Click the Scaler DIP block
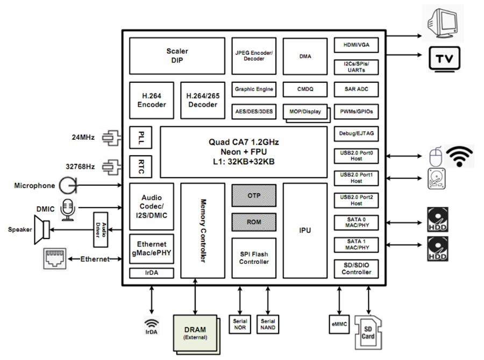(x=177, y=56)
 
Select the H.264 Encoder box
(x=152, y=100)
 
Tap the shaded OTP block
(x=254, y=196)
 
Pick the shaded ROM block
(x=254, y=222)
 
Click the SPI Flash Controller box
(x=254, y=258)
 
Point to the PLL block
(x=141, y=138)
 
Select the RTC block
(x=141, y=167)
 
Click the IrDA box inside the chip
(x=152, y=273)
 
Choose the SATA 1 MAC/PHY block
(x=356, y=244)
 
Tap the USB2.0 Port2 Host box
(x=356, y=200)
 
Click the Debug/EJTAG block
(x=356, y=134)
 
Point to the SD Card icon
(x=368, y=333)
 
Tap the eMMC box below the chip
(x=339, y=324)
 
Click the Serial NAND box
(x=268, y=324)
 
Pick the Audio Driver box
(x=101, y=229)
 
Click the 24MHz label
(x=83, y=137)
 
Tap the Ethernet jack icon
(x=55, y=258)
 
